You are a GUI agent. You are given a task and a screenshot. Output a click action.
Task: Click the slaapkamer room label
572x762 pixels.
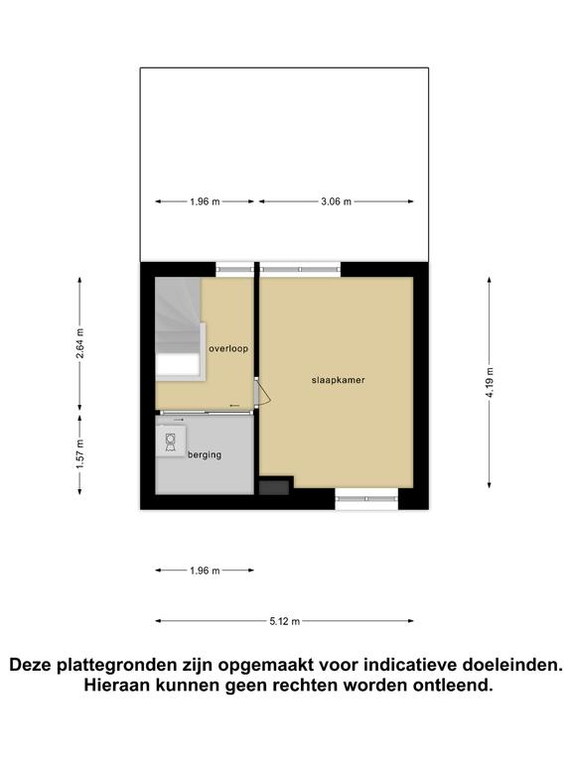tap(338, 380)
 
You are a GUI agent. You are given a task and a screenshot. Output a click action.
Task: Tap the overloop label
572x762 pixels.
tap(228, 348)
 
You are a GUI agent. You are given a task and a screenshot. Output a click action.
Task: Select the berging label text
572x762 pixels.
tap(205, 454)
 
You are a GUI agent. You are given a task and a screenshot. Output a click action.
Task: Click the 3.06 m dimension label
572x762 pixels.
tap(336, 201)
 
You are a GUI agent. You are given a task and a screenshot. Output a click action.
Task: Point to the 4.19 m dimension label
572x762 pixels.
tap(490, 382)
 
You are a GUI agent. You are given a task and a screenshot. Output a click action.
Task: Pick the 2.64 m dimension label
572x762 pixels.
tap(79, 343)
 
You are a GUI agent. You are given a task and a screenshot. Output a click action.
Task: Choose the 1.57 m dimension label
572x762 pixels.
tap(79, 454)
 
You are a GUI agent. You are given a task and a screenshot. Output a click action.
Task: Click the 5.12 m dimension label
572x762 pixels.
tap(285, 621)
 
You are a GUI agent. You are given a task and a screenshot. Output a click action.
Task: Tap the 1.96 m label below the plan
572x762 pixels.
tap(205, 571)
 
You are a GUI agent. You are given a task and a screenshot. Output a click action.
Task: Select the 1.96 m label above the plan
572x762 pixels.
tap(205, 201)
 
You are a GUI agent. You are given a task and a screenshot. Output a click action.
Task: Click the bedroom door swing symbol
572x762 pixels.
tap(262, 391)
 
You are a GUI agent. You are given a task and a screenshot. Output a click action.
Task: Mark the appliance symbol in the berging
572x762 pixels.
tap(170, 442)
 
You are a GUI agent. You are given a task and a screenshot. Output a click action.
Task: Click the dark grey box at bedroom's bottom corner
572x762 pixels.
tap(274, 487)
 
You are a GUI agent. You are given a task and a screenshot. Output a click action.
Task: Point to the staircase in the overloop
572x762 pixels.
tap(178, 328)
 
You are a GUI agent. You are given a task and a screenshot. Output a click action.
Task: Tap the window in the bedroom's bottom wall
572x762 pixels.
tap(366, 499)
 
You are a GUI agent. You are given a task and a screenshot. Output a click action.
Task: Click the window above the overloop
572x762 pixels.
tap(235, 269)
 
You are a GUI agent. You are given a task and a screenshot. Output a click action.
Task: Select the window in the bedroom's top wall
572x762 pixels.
tap(300, 269)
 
